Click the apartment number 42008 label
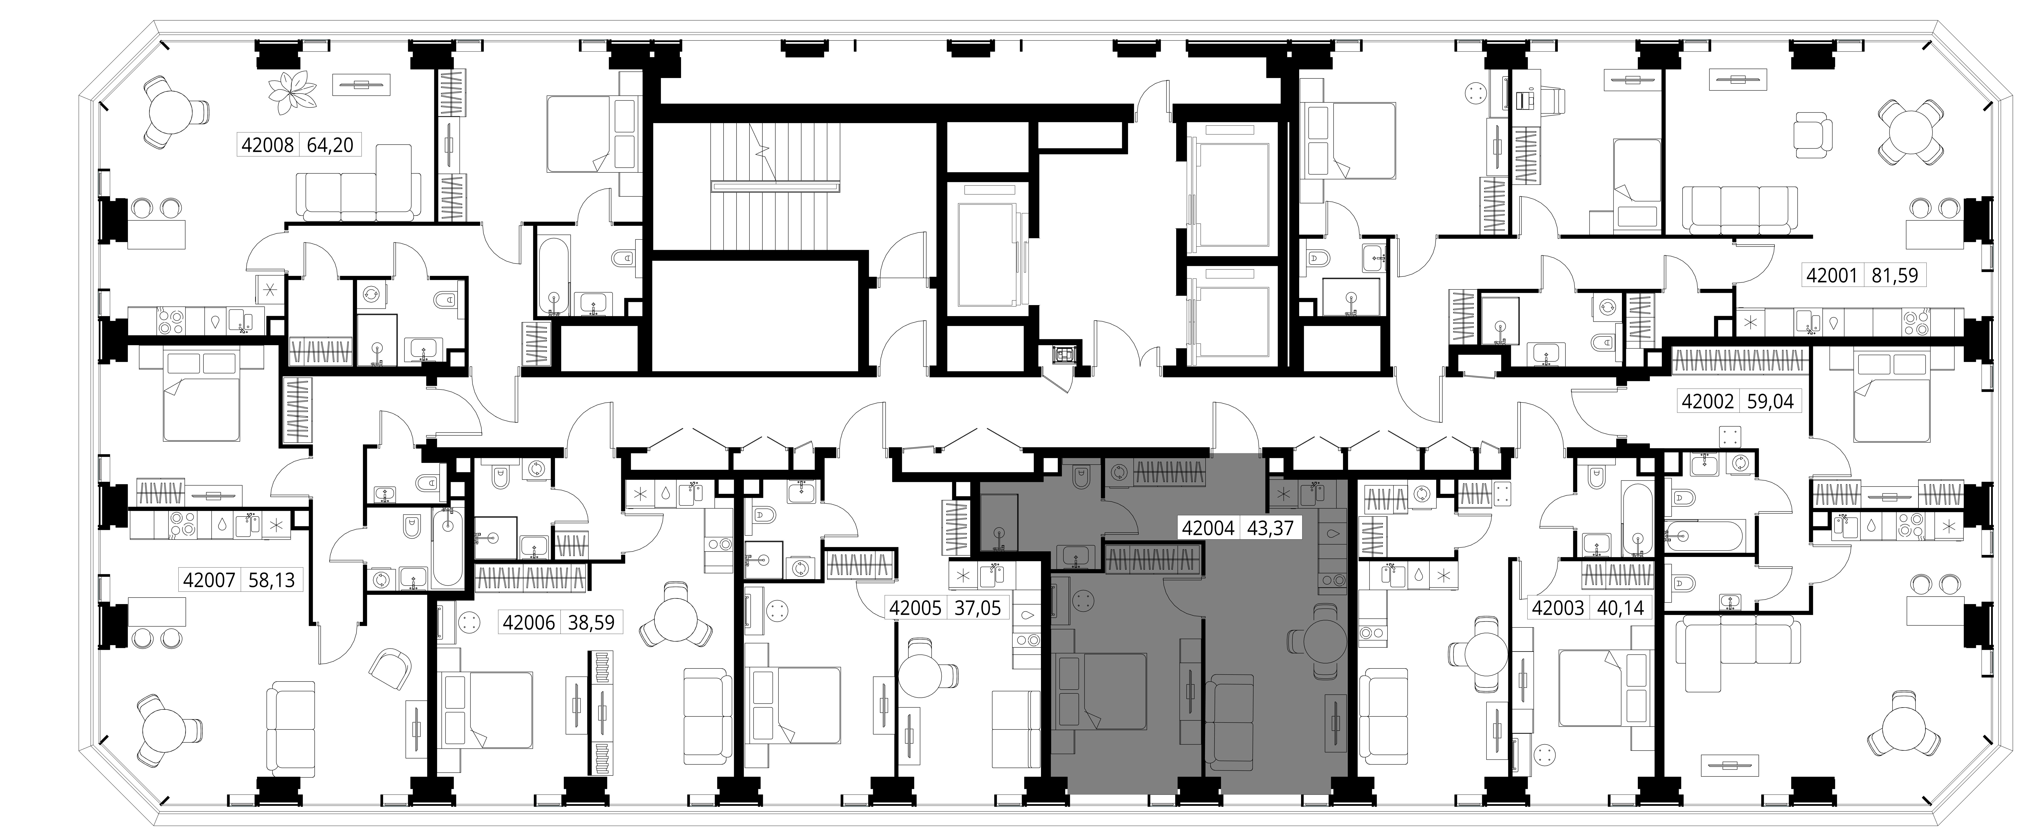click(267, 145)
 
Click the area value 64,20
click(330, 145)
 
